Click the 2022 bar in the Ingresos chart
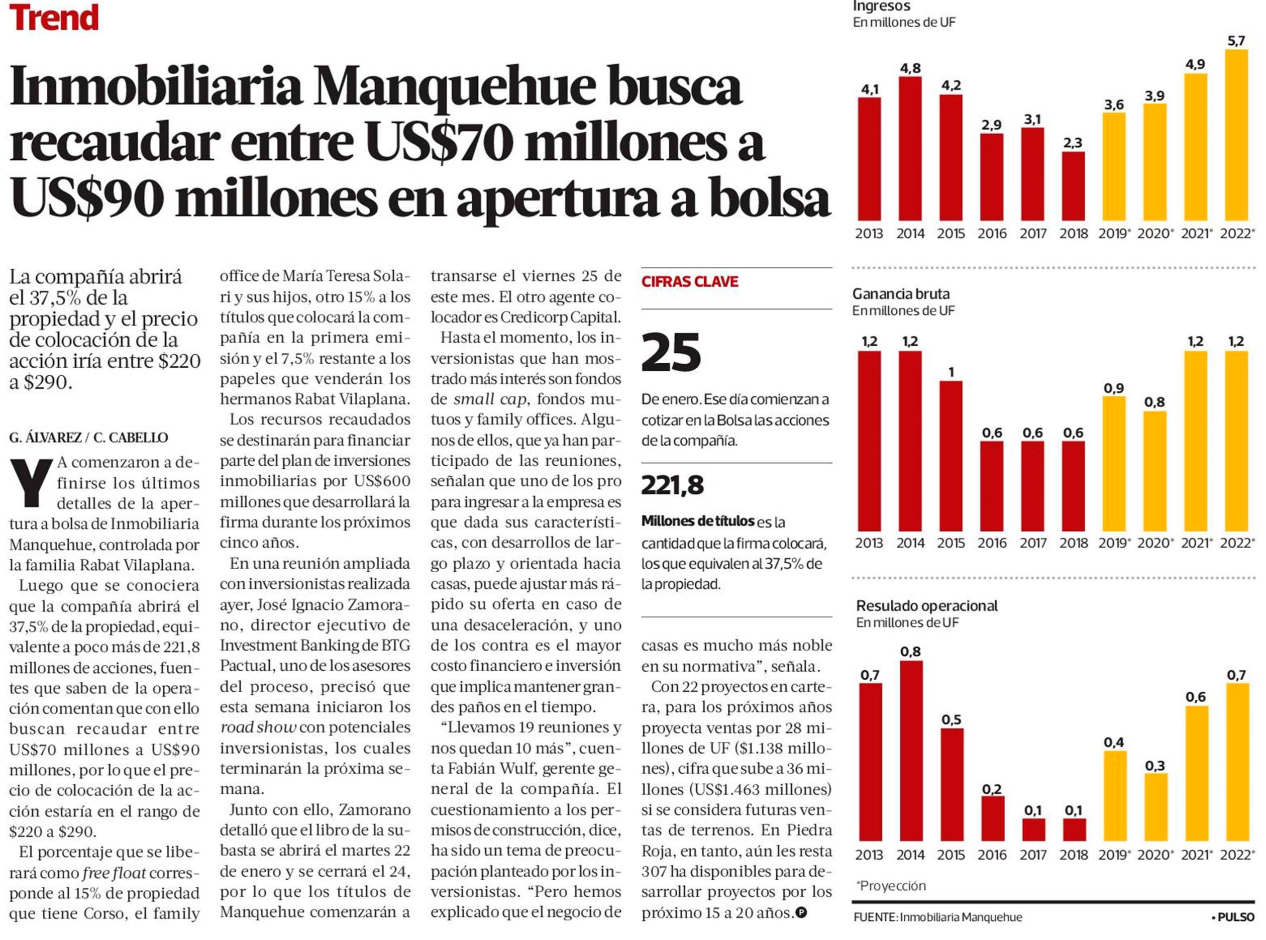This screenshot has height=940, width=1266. pyautogui.click(x=1236, y=135)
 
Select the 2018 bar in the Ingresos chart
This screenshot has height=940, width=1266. pyautogui.click(x=1073, y=186)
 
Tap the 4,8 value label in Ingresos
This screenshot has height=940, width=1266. pyautogui.click(x=910, y=68)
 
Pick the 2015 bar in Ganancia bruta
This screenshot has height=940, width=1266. pyautogui.click(x=951, y=456)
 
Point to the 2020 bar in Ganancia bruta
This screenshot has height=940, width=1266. pyautogui.click(x=1154, y=471)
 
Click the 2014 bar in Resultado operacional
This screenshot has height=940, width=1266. pyautogui.click(x=911, y=751)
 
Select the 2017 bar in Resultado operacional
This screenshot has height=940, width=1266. pyautogui.click(x=1033, y=829)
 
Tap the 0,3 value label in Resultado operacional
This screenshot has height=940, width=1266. pyautogui.click(x=1155, y=766)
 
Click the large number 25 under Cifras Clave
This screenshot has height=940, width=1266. pyautogui.click(x=671, y=352)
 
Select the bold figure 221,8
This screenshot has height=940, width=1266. pyautogui.click(x=673, y=485)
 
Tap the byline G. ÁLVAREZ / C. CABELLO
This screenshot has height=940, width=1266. pyautogui.click(x=89, y=438)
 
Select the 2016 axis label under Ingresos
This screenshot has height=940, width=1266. pyautogui.click(x=992, y=234)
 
